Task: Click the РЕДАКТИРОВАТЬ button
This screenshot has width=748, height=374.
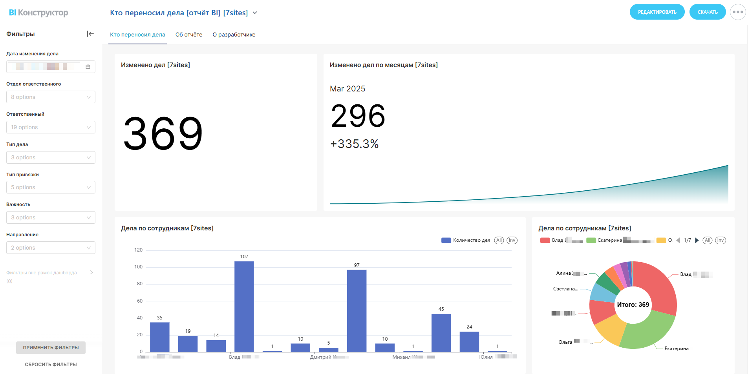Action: tap(657, 12)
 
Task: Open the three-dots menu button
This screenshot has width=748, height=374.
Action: tap(738, 12)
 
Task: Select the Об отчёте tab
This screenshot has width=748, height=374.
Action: tap(189, 35)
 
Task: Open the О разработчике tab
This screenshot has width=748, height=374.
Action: tap(234, 35)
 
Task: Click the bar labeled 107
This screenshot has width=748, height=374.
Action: tap(244, 306)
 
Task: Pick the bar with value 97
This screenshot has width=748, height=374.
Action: tap(357, 310)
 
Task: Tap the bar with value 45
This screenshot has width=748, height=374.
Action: tap(441, 332)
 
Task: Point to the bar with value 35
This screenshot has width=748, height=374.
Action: tap(159, 337)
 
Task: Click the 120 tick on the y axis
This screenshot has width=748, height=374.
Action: tap(139, 250)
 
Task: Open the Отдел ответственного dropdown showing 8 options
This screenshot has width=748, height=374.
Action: tap(51, 97)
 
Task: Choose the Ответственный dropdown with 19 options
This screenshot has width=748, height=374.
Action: tap(51, 127)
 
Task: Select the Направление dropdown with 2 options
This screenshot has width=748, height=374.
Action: tap(51, 248)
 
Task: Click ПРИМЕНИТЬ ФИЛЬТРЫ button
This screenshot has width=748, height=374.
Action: tap(51, 348)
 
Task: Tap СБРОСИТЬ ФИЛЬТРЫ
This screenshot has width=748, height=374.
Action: tap(51, 365)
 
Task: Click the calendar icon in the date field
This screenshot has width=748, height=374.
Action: tap(88, 67)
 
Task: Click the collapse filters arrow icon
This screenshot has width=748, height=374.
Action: tap(90, 34)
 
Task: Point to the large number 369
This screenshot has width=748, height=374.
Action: tap(163, 134)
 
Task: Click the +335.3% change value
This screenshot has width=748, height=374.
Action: tap(354, 144)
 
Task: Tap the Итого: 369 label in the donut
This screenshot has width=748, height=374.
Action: tap(633, 305)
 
